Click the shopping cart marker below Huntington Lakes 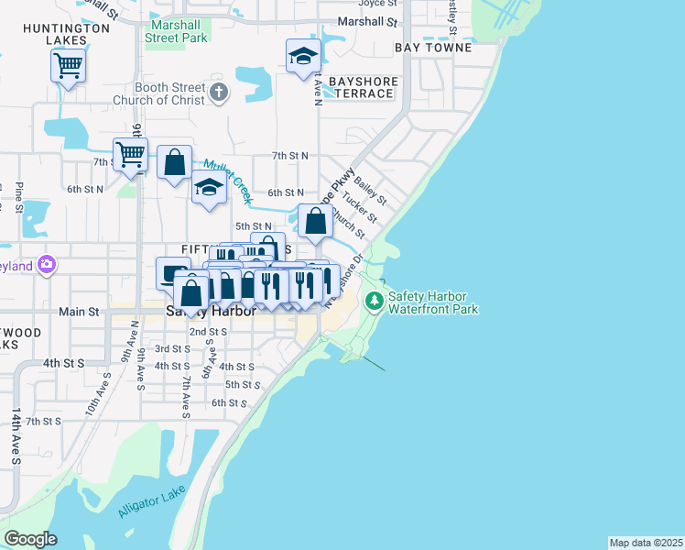click(68, 66)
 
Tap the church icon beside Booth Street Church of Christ click(218, 92)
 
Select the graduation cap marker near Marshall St click(302, 57)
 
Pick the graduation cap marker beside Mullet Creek click(209, 188)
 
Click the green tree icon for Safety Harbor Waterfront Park click(374, 301)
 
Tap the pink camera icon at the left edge click(47, 266)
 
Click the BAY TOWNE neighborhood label click(433, 47)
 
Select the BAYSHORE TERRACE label click(364, 87)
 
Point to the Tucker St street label click(359, 206)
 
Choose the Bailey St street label click(371, 191)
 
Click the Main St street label click(79, 312)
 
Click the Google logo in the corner click(30, 539)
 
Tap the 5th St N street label click(253, 225)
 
